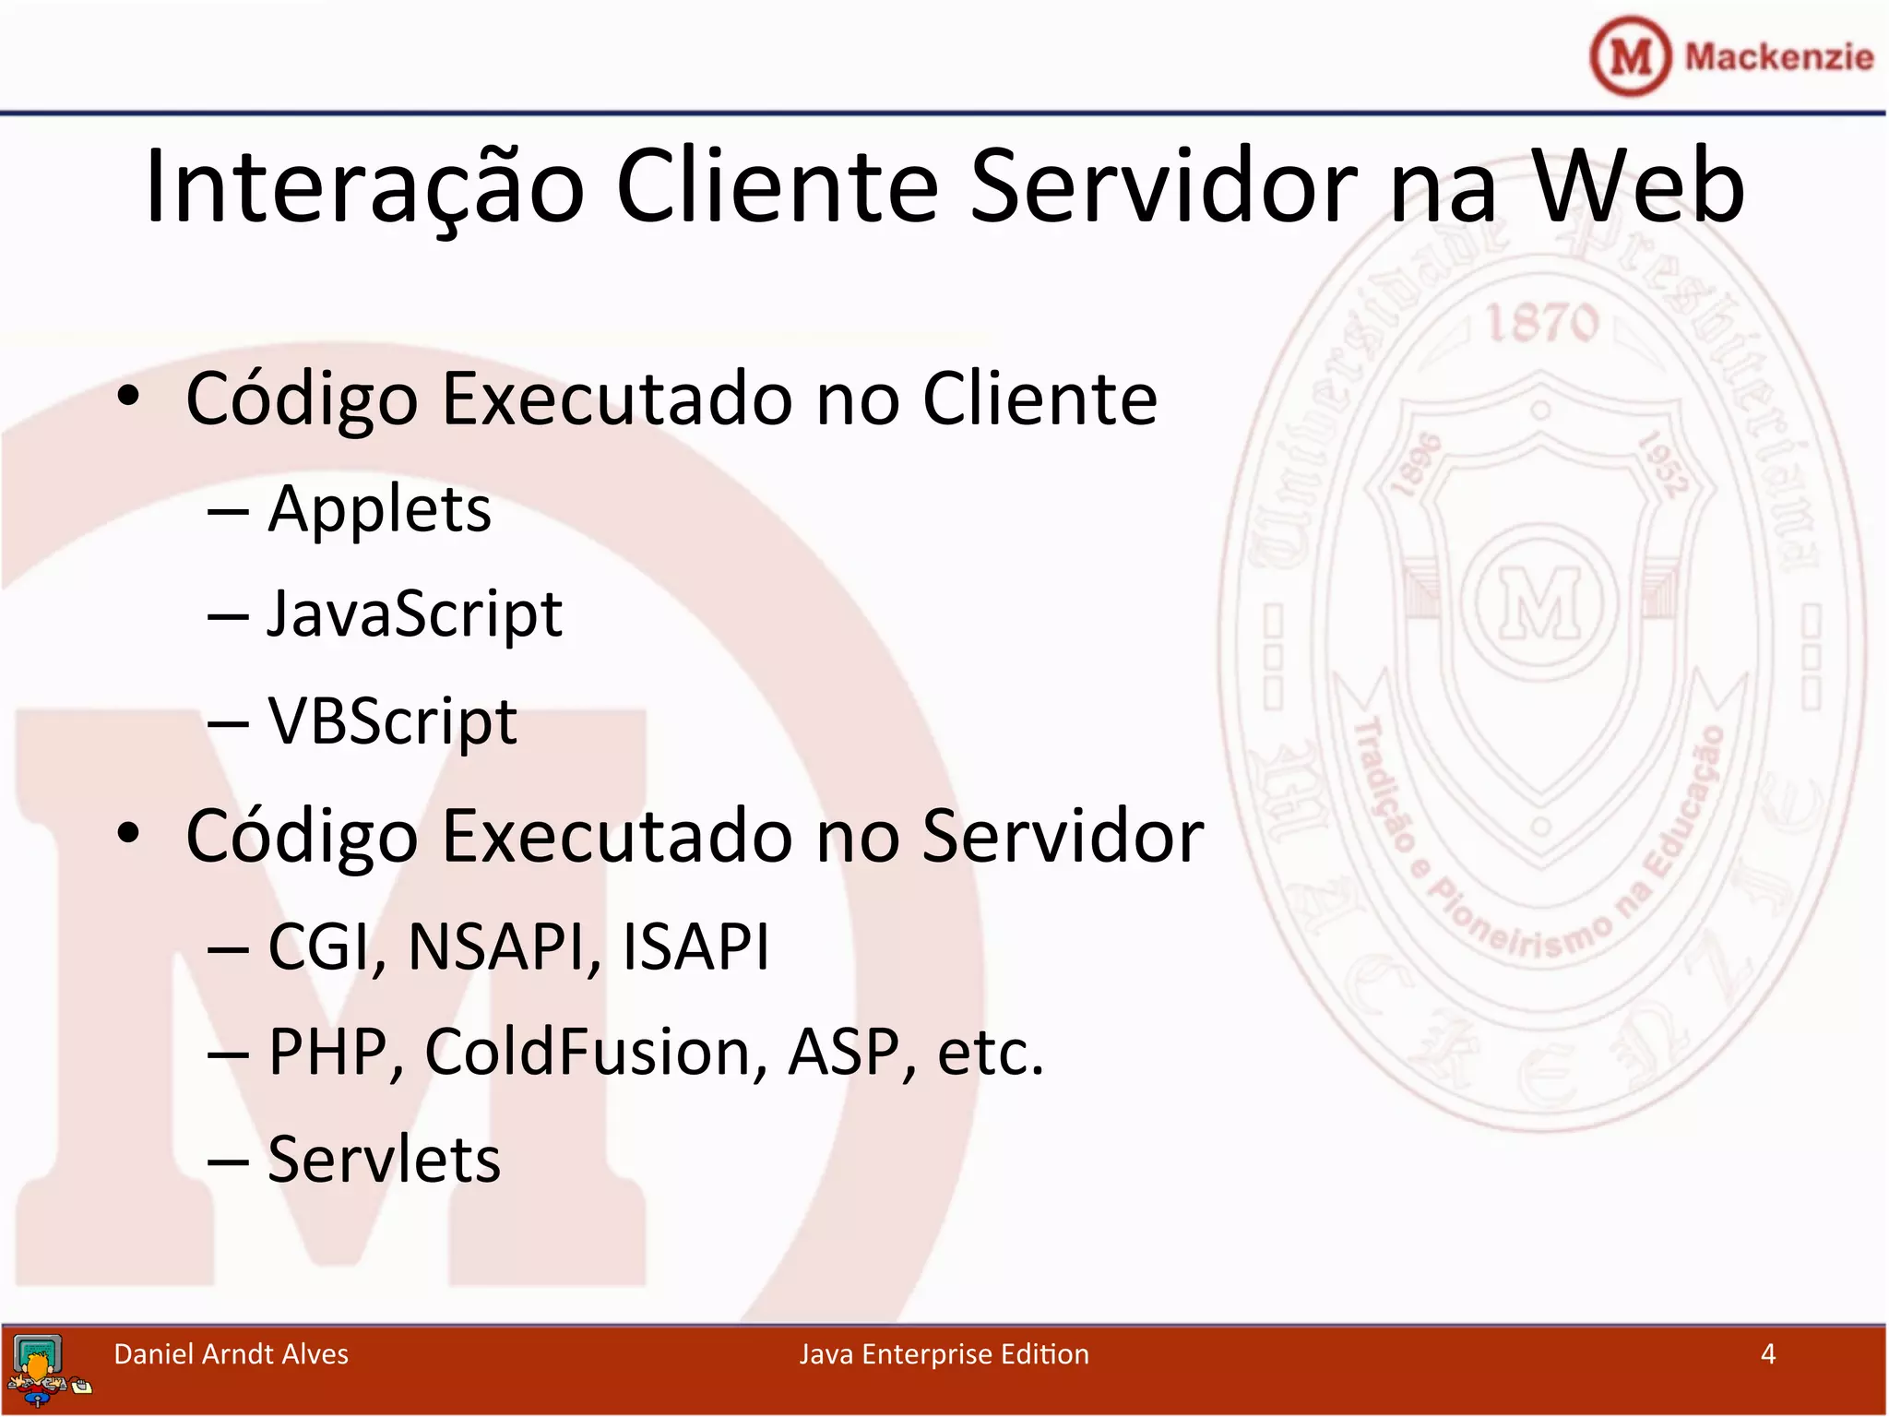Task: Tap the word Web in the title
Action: (1637, 186)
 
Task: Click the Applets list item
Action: (379, 509)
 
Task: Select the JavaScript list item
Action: (414, 614)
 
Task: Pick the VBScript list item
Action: (392, 720)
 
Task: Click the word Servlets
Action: (384, 1159)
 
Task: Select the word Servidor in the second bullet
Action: (1063, 836)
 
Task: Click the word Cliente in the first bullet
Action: (1040, 399)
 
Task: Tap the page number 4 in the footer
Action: (1767, 1353)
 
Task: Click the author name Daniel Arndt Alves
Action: (231, 1353)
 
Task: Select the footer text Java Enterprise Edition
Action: (944, 1353)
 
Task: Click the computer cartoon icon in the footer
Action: (42, 1370)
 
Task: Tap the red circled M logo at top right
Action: (1630, 56)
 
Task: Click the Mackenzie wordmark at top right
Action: (1778, 57)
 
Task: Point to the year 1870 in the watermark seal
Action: (1541, 324)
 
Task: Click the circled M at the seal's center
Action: (1540, 603)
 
